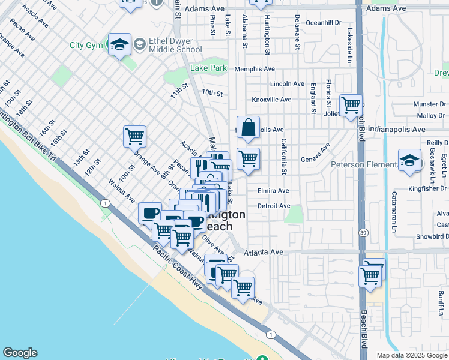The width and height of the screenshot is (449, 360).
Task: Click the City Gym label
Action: [x=86, y=45]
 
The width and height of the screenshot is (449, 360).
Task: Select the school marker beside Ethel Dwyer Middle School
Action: [x=120, y=44]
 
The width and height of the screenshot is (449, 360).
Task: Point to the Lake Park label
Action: [x=208, y=68]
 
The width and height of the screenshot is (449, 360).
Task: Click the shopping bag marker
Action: [x=248, y=127]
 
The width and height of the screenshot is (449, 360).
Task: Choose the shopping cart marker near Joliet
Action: [x=351, y=106]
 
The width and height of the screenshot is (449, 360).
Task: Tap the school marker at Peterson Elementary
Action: [x=409, y=160]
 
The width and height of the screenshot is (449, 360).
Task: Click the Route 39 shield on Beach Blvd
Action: [x=362, y=232]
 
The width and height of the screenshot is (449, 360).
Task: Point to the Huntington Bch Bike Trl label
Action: [x=30, y=139]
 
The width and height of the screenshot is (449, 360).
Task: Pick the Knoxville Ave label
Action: [x=271, y=100]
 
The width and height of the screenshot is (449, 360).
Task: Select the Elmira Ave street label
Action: [x=273, y=191]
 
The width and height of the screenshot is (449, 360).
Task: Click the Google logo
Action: [x=20, y=353]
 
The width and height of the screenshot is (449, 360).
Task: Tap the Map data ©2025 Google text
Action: [x=411, y=355]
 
